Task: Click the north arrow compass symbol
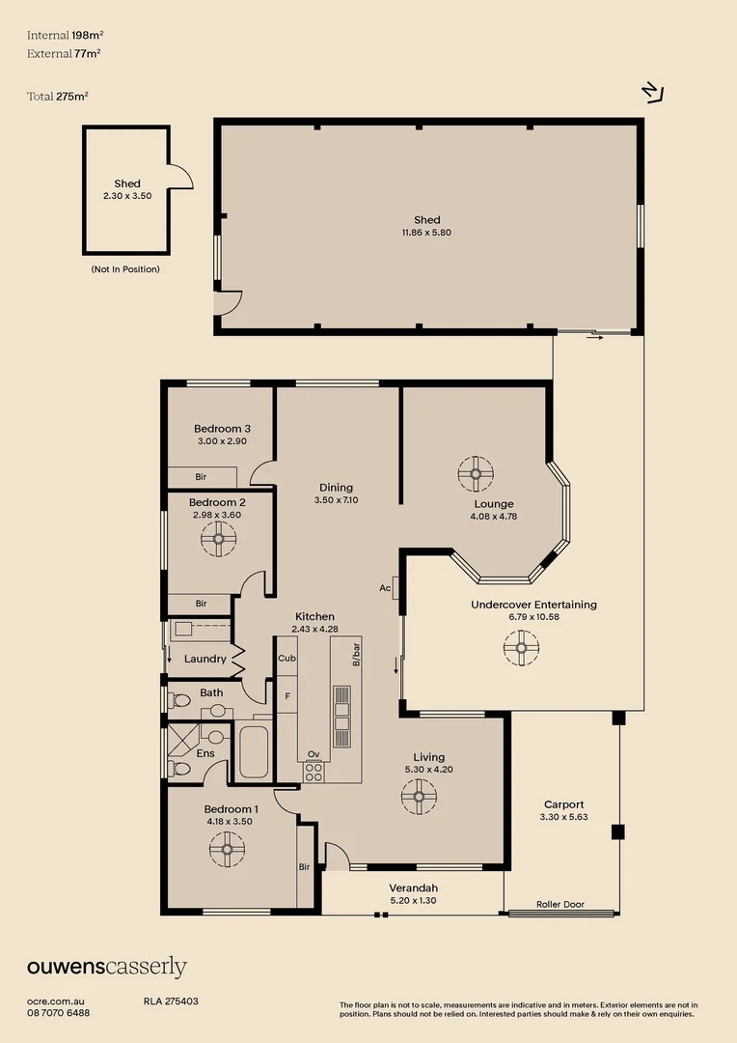click(654, 93)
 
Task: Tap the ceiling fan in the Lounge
click(476, 473)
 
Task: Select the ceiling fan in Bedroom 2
click(219, 538)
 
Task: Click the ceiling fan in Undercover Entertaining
click(521, 647)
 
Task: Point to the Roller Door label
click(560, 904)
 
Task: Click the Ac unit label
click(385, 588)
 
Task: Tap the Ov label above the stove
click(314, 753)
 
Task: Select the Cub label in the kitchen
click(287, 658)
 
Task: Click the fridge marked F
click(287, 695)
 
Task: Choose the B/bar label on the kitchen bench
click(356, 655)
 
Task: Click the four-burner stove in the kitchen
click(314, 772)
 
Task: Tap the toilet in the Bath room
click(179, 700)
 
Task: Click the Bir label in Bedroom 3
click(201, 477)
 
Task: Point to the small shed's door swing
click(180, 176)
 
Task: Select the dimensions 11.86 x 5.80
click(426, 232)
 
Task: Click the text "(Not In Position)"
click(125, 269)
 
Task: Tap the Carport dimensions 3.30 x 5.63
click(563, 817)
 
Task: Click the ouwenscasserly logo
click(107, 968)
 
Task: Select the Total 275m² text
click(58, 97)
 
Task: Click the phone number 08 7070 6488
click(59, 1013)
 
